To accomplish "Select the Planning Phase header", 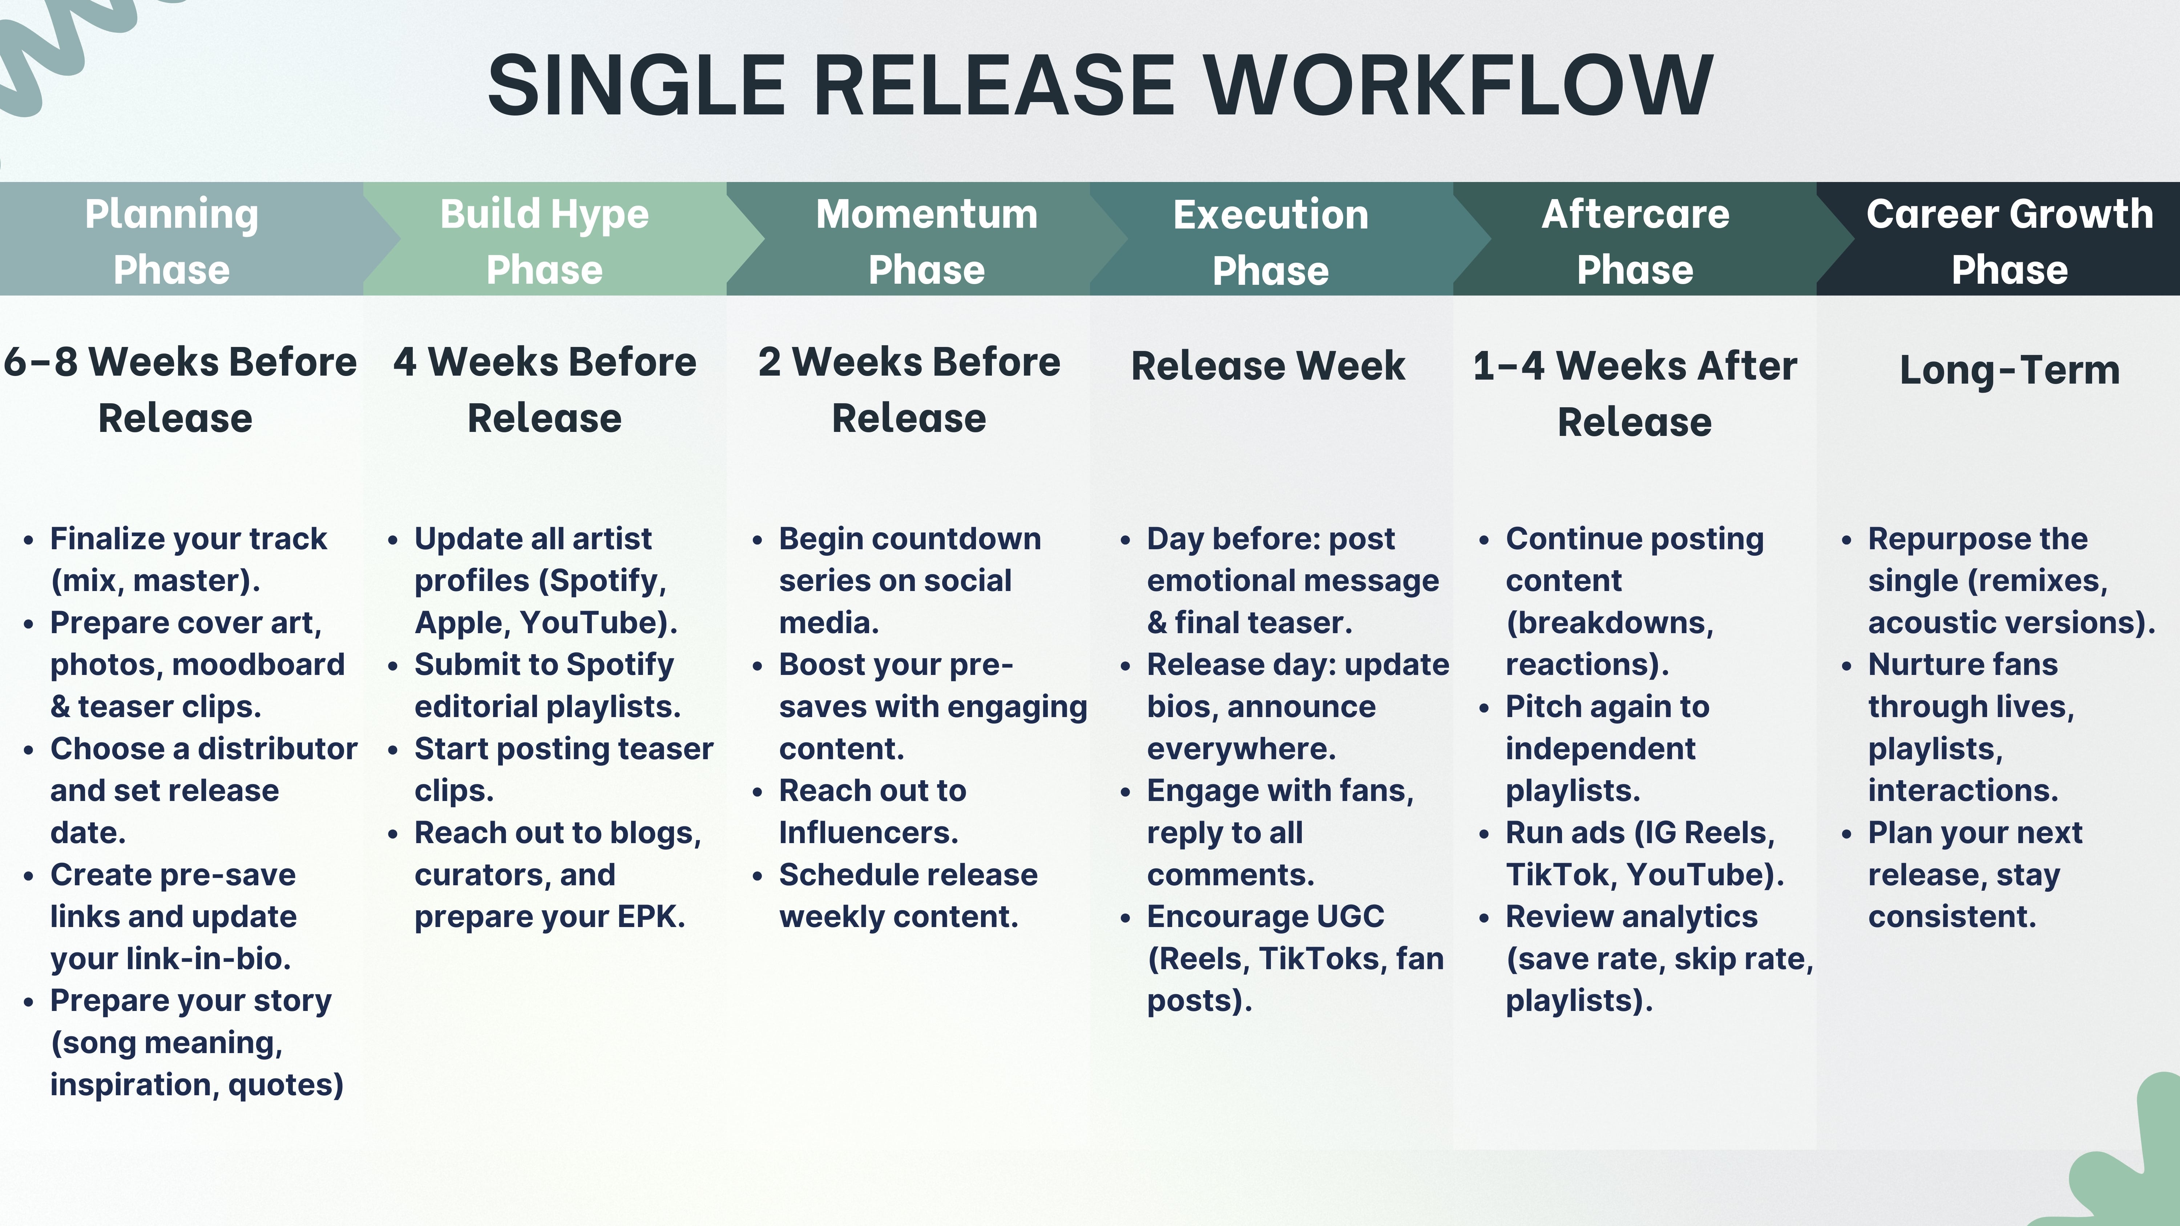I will pyautogui.click(x=172, y=241).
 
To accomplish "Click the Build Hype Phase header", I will pyautogui.click(x=544, y=241).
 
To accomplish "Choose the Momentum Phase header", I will pyautogui.click(x=926, y=241).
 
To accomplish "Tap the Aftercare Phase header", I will pyautogui.click(x=1635, y=241).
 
